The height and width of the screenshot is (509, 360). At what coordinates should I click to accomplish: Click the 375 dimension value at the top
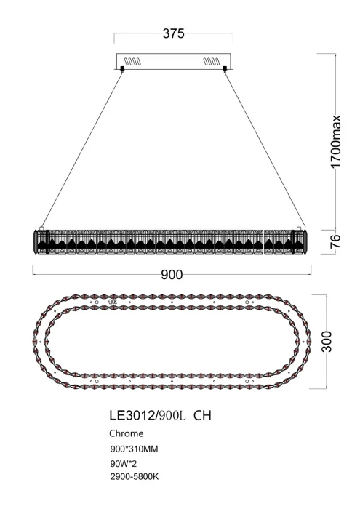coord(172,33)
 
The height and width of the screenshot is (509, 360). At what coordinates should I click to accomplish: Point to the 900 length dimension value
coord(171,274)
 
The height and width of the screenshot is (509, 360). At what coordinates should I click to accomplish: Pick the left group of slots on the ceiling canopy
coord(132,61)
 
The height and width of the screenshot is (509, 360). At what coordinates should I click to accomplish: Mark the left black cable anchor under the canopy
coord(122,70)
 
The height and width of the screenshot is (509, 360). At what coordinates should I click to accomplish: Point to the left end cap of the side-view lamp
coord(39,241)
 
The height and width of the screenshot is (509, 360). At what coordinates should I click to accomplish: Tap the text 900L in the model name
coord(174,415)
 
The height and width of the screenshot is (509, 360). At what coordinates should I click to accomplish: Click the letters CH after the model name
coord(204,415)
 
